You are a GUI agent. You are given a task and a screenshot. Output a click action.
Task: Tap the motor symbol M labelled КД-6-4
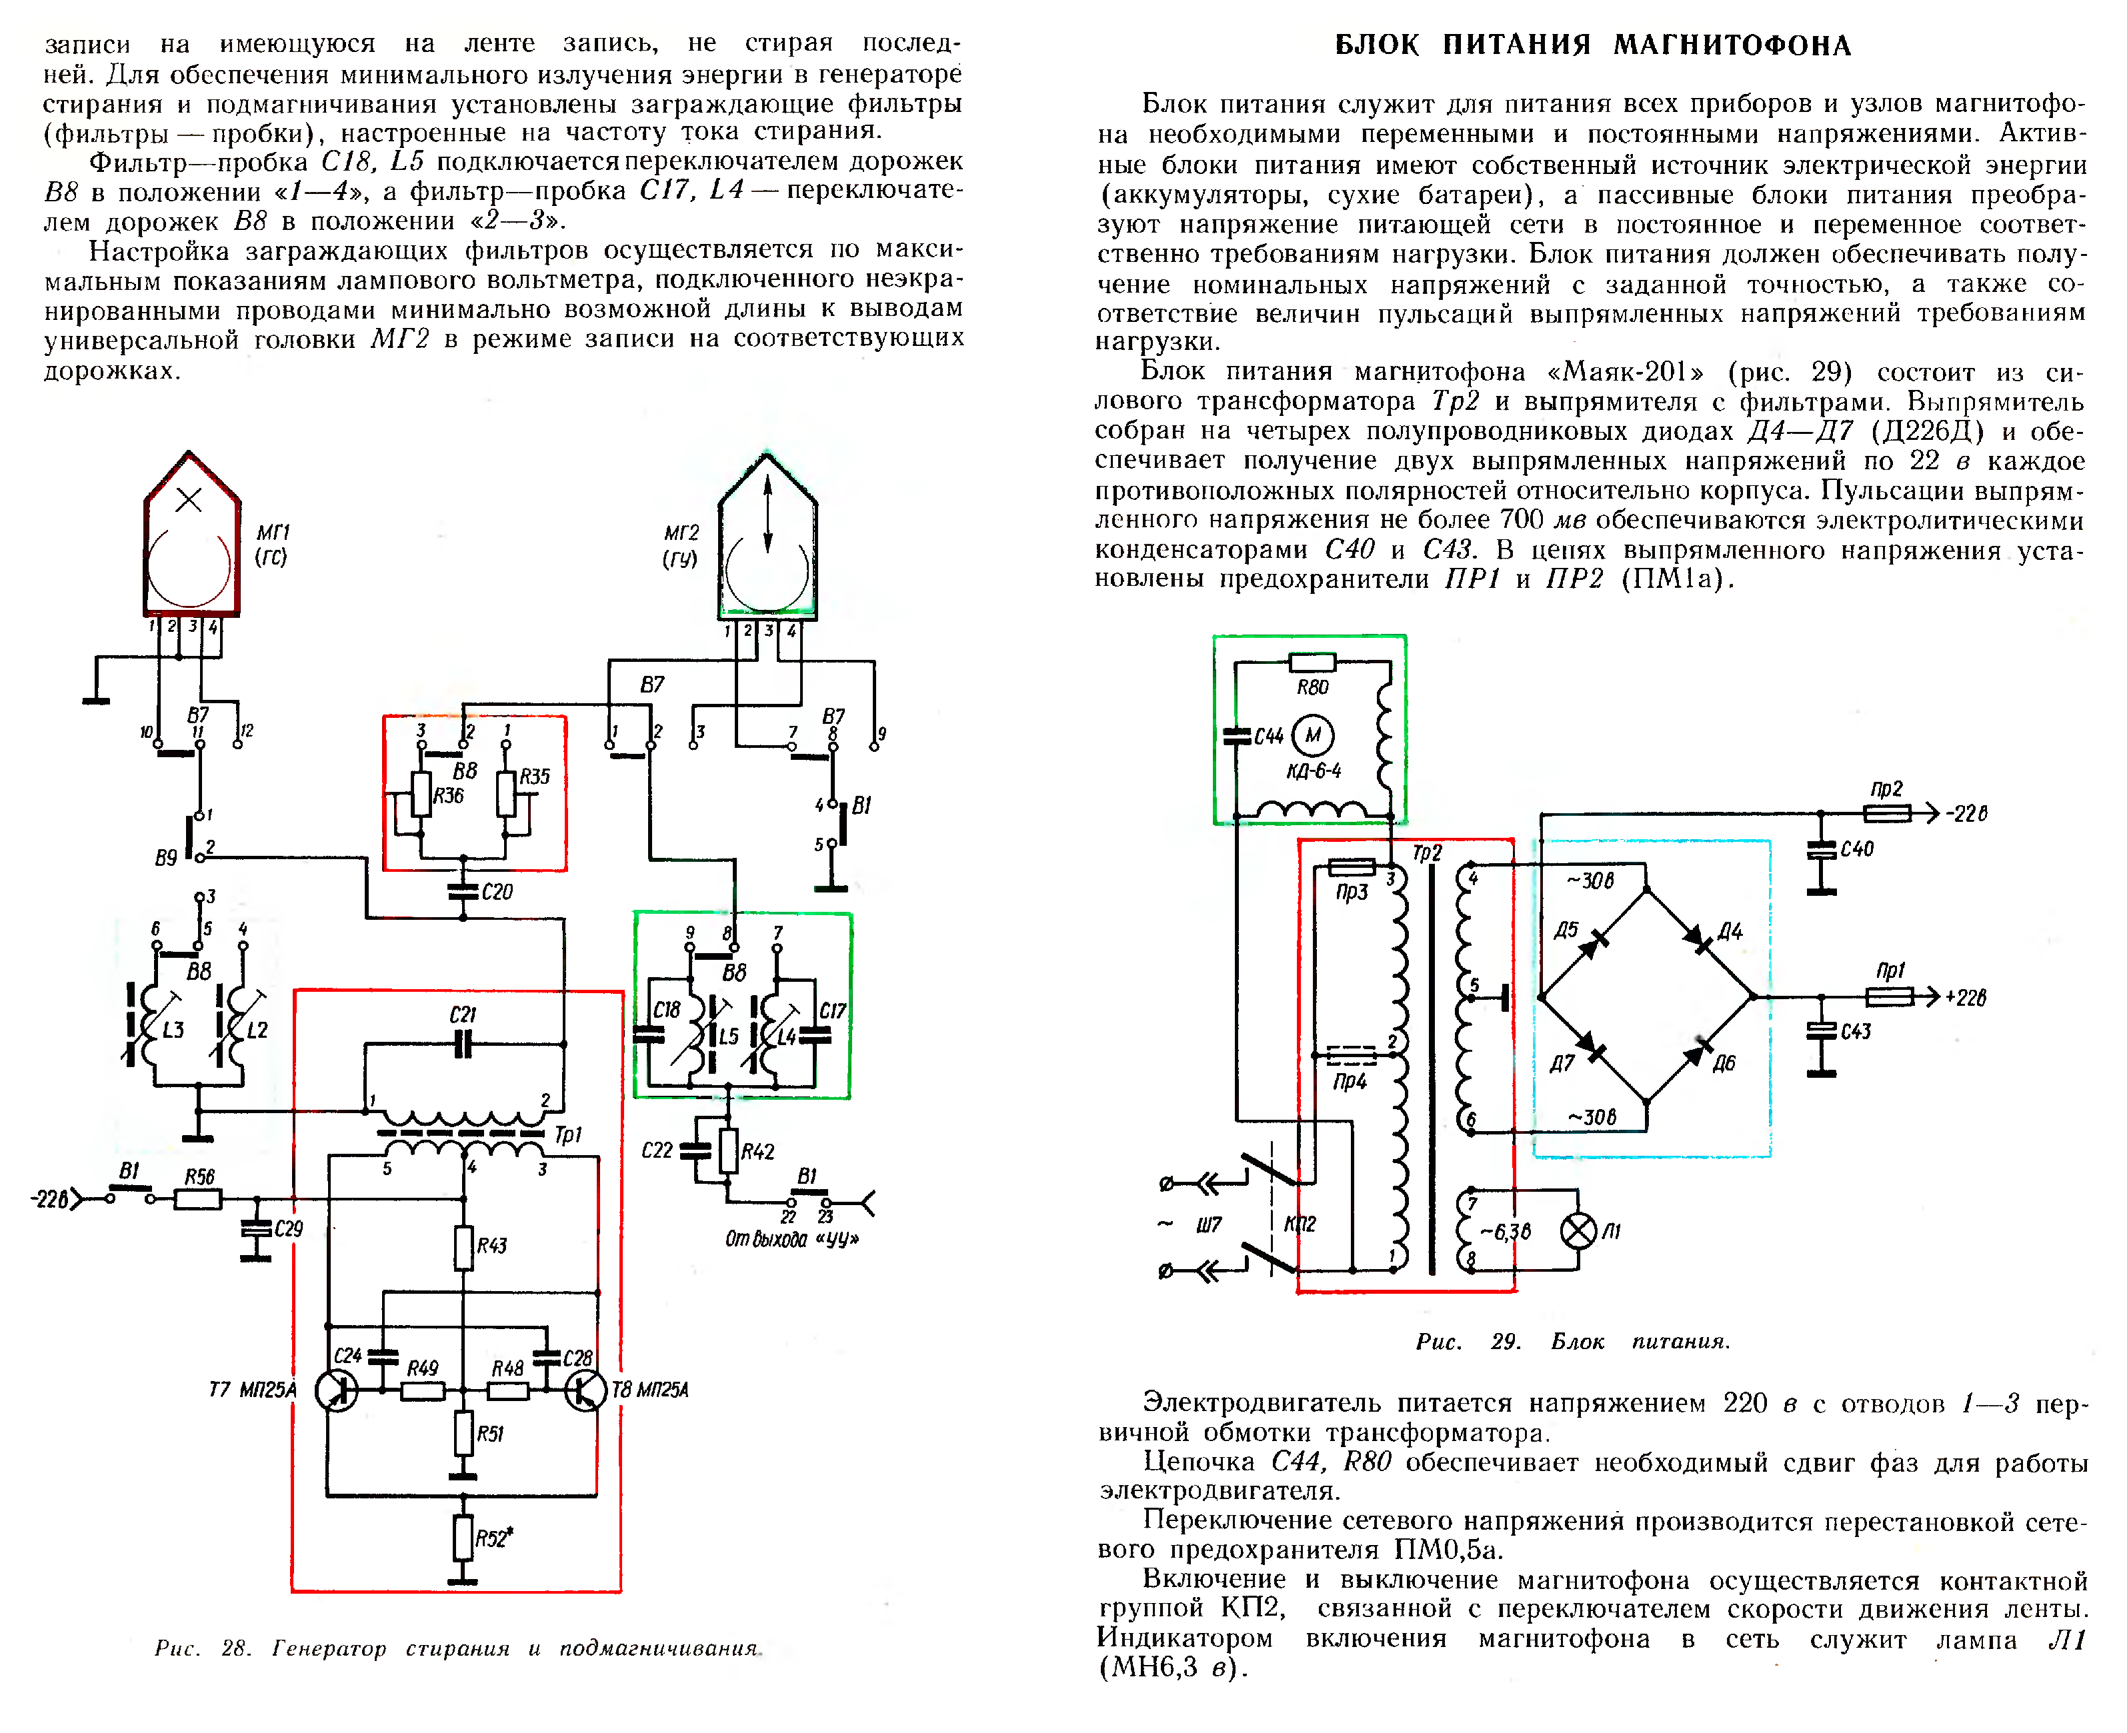coord(1312,736)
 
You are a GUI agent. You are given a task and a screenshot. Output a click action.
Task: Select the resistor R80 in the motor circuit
coord(1312,662)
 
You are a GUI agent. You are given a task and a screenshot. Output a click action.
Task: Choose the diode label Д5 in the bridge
coord(1566,930)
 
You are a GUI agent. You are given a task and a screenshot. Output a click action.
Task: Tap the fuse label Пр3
coord(1351,891)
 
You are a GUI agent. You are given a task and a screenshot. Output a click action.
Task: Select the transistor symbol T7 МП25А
coord(337,1390)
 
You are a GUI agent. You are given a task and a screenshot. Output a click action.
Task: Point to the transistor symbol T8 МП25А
coord(585,1390)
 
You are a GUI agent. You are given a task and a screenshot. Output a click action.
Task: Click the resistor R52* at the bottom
coord(462,1537)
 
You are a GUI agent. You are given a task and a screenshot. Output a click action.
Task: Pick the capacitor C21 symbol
coord(462,1044)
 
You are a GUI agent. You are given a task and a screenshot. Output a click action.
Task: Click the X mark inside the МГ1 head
coord(189,500)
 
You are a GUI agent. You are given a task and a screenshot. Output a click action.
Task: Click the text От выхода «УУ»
coord(791,1239)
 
